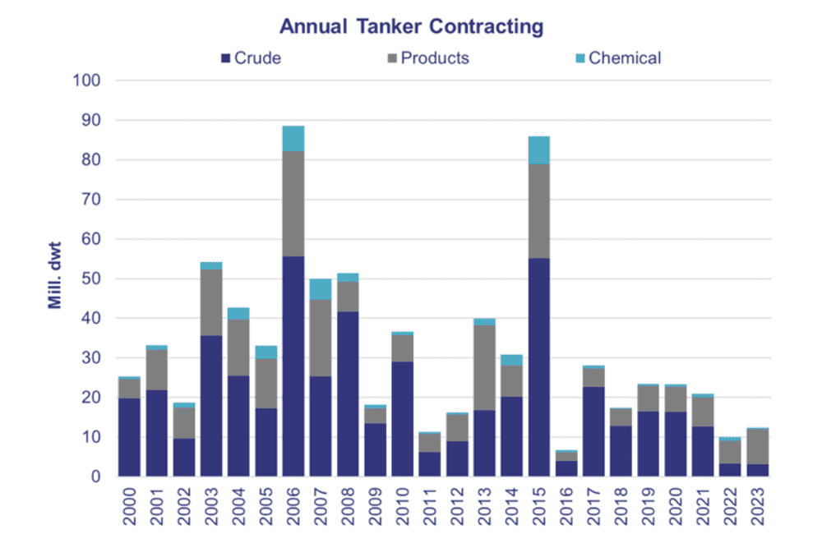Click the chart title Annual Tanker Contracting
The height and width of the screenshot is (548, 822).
click(411, 26)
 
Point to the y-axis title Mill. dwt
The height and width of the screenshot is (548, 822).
click(55, 278)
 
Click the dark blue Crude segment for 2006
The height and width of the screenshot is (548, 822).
click(293, 366)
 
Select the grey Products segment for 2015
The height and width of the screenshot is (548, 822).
click(539, 211)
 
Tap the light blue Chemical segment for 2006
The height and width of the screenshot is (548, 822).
click(293, 139)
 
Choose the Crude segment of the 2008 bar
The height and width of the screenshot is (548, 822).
click(348, 394)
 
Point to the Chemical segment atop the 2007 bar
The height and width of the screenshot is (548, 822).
click(321, 289)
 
